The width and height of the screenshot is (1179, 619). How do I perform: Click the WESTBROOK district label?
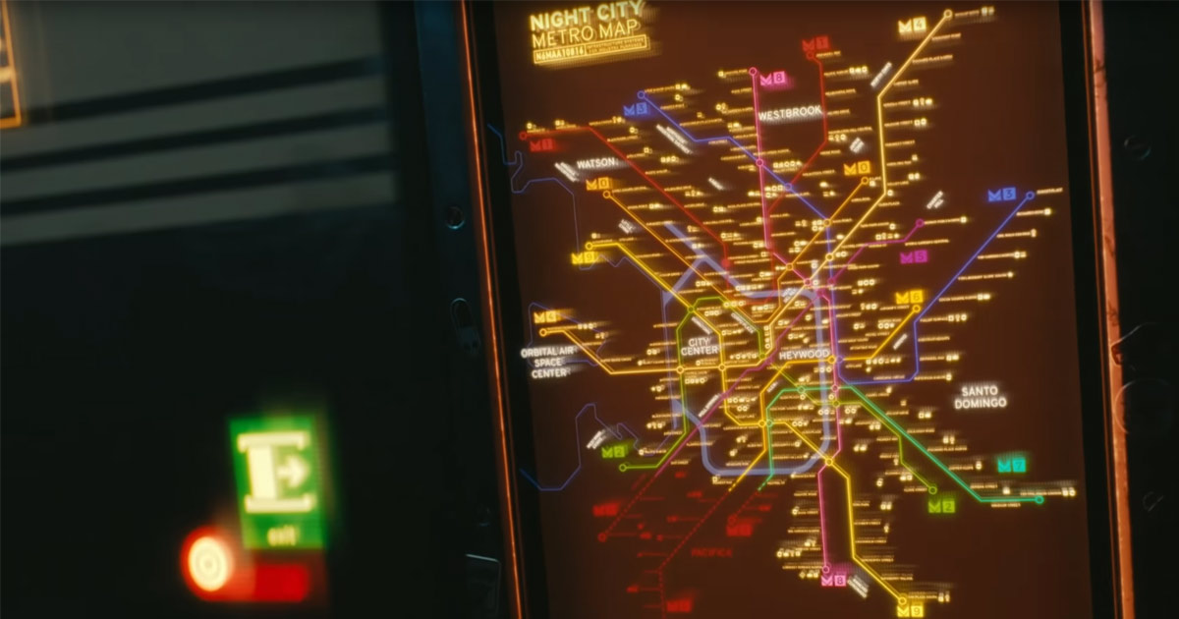tap(789, 113)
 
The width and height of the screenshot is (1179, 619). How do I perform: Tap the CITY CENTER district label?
tap(699, 346)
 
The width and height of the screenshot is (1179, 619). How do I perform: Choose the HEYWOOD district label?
tap(804, 353)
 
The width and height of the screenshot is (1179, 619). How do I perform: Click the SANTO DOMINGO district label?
tap(980, 396)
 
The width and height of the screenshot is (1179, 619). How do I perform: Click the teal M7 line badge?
tap(1011, 464)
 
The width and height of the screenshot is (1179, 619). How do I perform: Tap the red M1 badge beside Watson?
tap(542, 145)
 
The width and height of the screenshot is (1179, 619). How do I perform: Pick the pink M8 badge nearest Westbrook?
tap(772, 79)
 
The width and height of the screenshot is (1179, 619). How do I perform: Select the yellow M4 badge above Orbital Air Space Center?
tap(545, 316)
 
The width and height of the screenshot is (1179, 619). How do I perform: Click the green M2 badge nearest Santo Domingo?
tap(941, 505)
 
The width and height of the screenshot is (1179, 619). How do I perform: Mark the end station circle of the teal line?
tap(1039, 499)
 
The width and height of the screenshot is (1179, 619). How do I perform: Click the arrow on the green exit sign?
tap(292, 471)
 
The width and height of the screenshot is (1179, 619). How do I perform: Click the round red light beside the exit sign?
tap(209, 564)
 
